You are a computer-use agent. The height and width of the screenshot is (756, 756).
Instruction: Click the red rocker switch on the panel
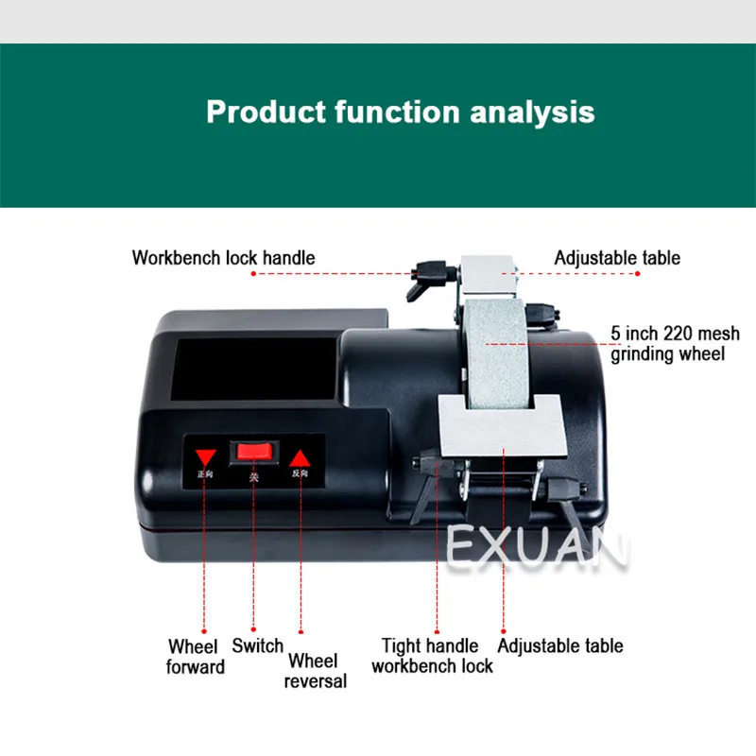252,453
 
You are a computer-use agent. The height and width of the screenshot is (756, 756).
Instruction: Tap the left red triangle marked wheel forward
206,452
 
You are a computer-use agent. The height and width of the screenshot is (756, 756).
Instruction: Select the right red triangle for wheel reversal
299,454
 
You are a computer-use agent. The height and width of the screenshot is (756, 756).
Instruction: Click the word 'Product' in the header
266,112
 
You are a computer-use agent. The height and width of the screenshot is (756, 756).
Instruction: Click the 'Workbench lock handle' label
224,257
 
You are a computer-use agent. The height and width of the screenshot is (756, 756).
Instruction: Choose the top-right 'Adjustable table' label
617,257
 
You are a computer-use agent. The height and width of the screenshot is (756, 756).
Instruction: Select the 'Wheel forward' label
197,657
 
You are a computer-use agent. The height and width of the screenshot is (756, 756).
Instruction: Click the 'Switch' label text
258,646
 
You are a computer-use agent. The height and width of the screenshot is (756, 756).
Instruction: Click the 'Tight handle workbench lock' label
432,656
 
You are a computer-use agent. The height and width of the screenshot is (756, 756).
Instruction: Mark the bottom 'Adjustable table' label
560,646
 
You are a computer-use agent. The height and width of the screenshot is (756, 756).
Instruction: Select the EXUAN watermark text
535,549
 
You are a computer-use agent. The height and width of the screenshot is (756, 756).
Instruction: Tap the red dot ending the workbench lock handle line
254,274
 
